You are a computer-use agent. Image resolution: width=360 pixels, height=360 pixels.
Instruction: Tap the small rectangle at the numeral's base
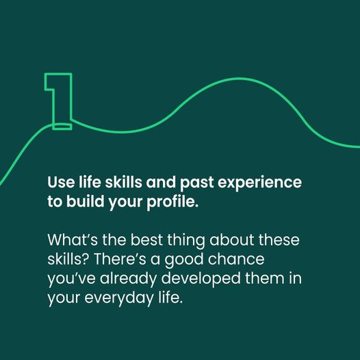(x=62, y=127)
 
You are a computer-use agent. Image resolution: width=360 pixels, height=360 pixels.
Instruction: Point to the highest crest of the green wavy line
(x=241, y=79)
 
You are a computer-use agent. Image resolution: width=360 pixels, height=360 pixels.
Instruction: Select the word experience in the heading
(x=259, y=183)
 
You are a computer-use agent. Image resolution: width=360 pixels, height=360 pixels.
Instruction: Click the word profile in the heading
(x=171, y=203)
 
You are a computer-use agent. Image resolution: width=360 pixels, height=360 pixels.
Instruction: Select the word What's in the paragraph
(x=73, y=240)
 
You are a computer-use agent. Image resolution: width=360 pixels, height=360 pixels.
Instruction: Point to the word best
(x=146, y=240)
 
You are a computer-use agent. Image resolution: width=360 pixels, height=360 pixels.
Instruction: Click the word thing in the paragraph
(x=186, y=241)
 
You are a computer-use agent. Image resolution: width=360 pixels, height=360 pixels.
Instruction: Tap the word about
(x=232, y=240)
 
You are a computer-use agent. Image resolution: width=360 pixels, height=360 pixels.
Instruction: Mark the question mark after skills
(x=86, y=259)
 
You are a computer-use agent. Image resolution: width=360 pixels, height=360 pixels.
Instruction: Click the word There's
(x=120, y=259)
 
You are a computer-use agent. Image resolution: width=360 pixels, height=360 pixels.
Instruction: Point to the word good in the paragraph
(x=184, y=260)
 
